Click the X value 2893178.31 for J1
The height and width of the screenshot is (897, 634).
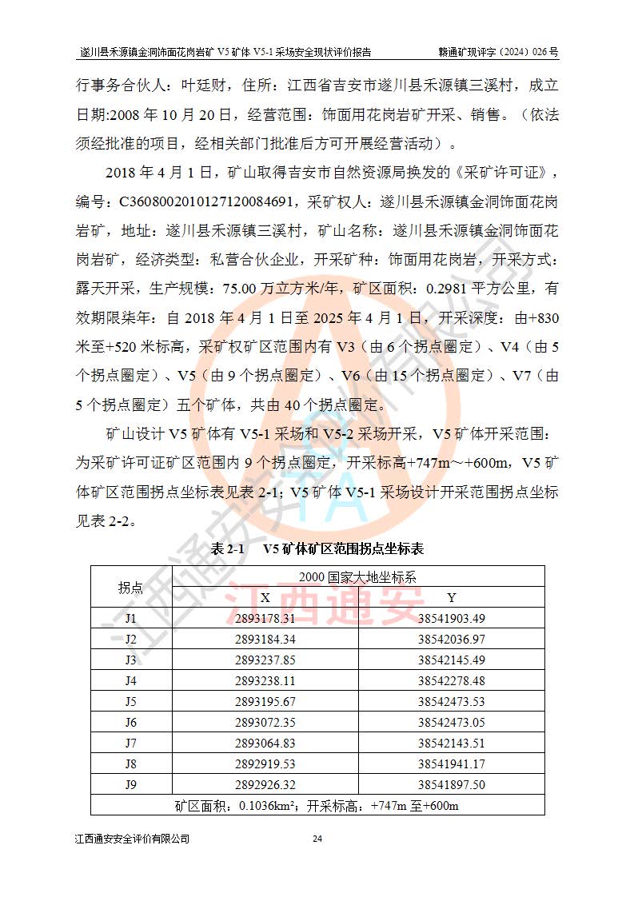coord(265,618)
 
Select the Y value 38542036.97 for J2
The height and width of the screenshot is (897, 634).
coord(451,639)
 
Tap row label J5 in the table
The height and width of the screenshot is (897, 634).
coord(131,701)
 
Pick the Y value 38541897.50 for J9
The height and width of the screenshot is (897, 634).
coord(451,784)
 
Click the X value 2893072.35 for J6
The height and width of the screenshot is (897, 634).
coord(265,722)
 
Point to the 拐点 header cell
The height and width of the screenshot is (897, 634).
coord(131,588)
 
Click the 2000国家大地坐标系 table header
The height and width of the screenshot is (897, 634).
coord(357,576)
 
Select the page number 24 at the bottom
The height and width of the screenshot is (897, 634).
coord(317,839)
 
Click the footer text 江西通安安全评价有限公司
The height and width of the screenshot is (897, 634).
coord(132,839)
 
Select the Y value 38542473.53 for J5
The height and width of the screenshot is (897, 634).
coord(451,701)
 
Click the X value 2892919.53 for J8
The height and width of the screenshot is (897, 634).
coord(265,763)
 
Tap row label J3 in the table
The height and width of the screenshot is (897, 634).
coord(131,660)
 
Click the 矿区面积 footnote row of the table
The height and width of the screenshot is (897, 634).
coord(317,805)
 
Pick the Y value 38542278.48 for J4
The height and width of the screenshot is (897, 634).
coord(451,680)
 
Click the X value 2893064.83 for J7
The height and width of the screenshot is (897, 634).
coord(265,743)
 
